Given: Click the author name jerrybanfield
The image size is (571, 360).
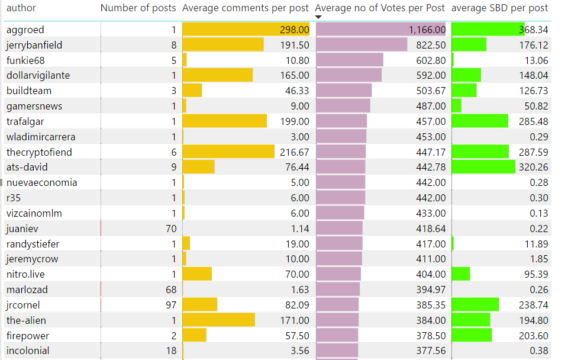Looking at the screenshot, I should click(34, 45).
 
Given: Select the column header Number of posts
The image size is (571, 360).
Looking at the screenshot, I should click(138, 8).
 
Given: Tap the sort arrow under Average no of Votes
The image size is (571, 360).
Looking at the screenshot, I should click(319, 17).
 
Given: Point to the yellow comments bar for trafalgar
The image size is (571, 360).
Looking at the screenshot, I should click(225, 121).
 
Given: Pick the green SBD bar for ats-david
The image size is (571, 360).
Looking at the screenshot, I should click(483, 167).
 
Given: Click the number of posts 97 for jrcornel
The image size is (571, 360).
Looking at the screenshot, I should click(170, 305).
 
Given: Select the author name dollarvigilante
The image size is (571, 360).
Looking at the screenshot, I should click(38, 75).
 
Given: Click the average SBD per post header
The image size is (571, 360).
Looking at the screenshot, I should click(499, 8).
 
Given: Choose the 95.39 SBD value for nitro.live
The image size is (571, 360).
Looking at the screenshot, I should click(535, 274).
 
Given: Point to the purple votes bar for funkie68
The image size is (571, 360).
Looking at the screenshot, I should click(350, 60).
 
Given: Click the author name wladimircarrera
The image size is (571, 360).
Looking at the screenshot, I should click(41, 137).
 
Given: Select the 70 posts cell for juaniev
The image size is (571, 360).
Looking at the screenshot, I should click(170, 229).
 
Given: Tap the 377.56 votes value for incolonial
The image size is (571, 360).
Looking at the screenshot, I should click(431, 351).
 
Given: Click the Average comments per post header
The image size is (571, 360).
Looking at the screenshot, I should click(246, 8).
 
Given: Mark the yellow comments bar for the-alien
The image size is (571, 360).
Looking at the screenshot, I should click(219, 320).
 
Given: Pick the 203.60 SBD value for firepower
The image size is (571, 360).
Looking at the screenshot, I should click(533, 335).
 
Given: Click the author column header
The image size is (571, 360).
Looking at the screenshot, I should click(21, 8).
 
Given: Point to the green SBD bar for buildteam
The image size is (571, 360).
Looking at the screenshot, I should click(464, 91).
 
